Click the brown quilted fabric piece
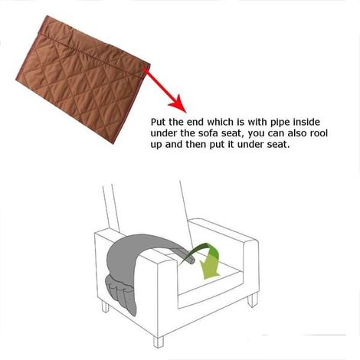(x=83, y=80)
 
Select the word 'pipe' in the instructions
(x=280, y=123)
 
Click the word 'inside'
(x=306, y=122)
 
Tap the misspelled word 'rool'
(x=319, y=133)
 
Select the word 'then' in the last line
(x=196, y=145)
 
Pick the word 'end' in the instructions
(x=196, y=122)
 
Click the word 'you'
(x=257, y=134)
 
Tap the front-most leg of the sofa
(x=159, y=342)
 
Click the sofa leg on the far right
(x=253, y=300)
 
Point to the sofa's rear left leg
(x=105, y=306)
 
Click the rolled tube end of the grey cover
(x=189, y=258)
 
